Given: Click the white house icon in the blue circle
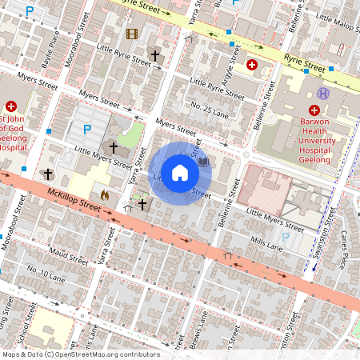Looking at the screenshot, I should pyautogui.click(x=180, y=174).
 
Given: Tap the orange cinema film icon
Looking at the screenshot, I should pyautogui.click(x=131, y=34).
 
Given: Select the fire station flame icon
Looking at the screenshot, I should pyautogui.click(x=104, y=194).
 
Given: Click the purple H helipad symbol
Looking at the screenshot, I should pyautogui.click(x=323, y=94).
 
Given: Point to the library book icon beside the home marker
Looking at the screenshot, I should pyautogui.click(x=203, y=162).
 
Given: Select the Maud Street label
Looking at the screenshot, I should pyautogui.click(x=68, y=258).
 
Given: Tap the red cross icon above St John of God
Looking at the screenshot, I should pyautogui.click(x=11, y=106).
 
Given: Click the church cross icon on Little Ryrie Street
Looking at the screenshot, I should pyautogui.click(x=155, y=56).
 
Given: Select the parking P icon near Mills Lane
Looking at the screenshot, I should pyautogui.click(x=286, y=236).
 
